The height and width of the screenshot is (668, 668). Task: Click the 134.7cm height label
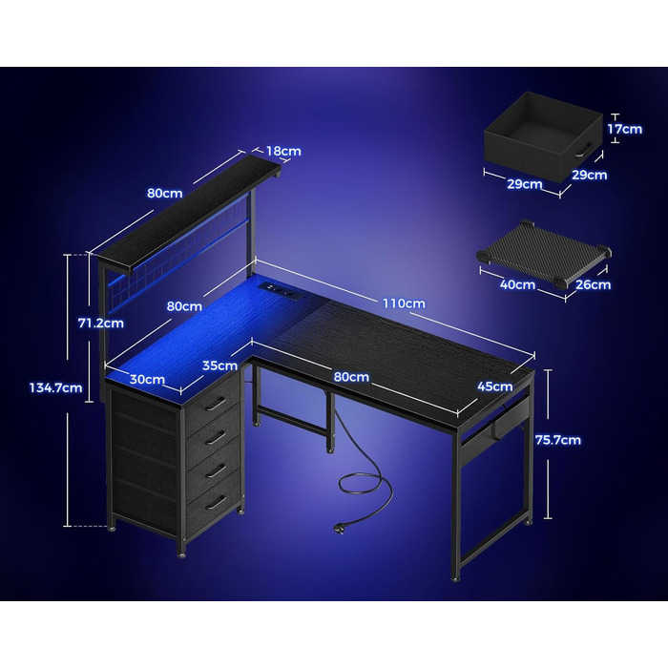point(55,387)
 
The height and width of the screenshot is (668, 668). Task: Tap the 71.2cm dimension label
point(101,323)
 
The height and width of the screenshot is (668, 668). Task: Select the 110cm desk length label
point(404,303)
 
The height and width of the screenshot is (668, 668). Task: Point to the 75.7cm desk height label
point(558,440)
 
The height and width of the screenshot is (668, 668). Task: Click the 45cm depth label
point(495,386)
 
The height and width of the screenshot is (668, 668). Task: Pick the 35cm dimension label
point(219,365)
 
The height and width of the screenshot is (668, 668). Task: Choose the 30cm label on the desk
point(147,379)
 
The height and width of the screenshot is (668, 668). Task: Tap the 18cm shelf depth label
point(283,151)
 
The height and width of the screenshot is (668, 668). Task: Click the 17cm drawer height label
point(624,129)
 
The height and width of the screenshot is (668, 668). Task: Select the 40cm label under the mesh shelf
point(517,284)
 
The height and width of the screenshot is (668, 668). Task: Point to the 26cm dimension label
point(593,284)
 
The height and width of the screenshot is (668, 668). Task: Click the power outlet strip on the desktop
point(279,290)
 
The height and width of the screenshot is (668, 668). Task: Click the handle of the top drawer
point(216,404)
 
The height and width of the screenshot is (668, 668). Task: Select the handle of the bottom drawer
point(216,502)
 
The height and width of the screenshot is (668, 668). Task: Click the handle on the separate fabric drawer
point(583,151)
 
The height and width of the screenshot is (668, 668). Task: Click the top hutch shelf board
point(186,212)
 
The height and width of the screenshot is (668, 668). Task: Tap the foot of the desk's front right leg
point(455,579)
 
